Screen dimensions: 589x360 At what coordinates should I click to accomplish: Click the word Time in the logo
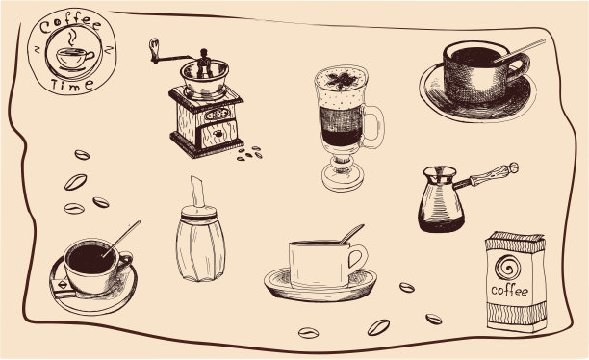point(71,85)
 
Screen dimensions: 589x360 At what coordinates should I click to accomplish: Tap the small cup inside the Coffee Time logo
point(74,59)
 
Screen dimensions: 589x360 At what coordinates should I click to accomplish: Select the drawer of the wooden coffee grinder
point(219,133)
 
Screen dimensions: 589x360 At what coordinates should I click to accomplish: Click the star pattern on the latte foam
point(342,80)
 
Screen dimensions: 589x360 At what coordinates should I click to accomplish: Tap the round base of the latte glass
point(343,179)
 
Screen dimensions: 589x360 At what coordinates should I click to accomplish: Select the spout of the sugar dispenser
point(197,192)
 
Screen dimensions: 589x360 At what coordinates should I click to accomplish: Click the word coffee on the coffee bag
point(509,291)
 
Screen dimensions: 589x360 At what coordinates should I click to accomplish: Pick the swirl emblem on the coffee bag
point(508,268)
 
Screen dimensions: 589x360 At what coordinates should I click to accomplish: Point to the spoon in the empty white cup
point(351,234)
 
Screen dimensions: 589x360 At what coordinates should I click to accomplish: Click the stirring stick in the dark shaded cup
point(519,50)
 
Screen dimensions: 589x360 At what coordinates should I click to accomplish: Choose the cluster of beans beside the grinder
point(250,153)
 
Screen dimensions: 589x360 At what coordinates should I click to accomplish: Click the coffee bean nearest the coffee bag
point(434,319)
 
